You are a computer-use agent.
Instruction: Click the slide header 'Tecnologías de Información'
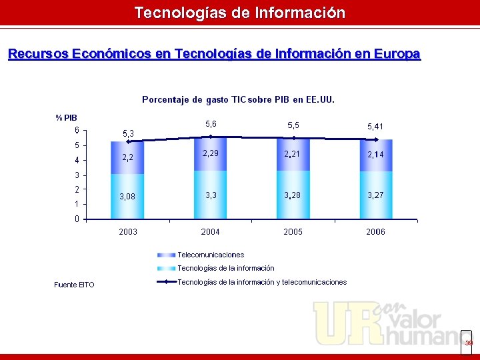tap(240, 13)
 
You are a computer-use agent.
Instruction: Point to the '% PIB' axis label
tap(66, 118)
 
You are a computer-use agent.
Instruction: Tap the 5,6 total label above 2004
tap(211, 124)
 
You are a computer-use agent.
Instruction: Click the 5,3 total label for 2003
tap(127, 134)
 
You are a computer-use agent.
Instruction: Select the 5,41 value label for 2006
tap(375, 126)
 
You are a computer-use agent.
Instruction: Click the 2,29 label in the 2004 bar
tap(211, 154)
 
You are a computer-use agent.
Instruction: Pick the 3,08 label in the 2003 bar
tap(127, 197)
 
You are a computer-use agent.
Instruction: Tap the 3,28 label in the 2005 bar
tap(293, 195)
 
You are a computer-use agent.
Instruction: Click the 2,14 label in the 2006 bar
tap(375, 155)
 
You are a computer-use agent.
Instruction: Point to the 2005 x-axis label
tap(293, 232)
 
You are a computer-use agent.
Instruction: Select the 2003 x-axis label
tap(128, 232)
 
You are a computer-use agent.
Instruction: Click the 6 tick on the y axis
tap(77, 130)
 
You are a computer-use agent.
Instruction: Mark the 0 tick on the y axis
tap(77, 219)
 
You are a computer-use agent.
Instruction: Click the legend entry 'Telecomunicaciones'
tap(211, 255)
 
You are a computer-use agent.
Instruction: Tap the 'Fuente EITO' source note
tap(74, 285)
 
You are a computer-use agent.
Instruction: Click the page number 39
tap(469, 343)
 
